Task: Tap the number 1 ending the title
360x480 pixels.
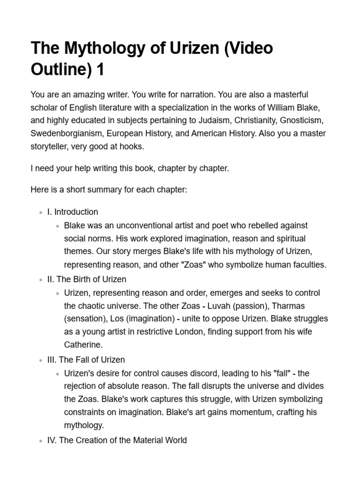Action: [100, 70]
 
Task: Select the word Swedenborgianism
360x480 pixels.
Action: [66, 134]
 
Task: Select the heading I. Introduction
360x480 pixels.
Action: [73, 212]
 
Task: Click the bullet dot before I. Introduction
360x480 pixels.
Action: [41, 212]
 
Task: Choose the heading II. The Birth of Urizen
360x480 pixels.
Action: [87, 279]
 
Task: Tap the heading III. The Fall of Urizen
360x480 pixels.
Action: [86, 360]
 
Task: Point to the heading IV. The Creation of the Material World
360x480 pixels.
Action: [117, 440]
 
